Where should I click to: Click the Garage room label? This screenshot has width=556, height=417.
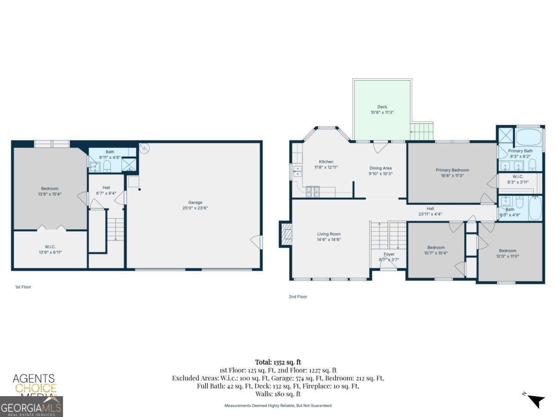tap(195, 202)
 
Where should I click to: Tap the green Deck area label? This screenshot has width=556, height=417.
tap(382, 107)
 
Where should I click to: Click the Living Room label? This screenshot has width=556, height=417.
tap(329, 234)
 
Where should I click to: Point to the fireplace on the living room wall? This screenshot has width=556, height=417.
tap(285, 234)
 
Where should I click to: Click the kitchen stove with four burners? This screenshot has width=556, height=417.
tap(312, 190)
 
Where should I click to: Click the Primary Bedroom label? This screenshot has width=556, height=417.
tap(452, 170)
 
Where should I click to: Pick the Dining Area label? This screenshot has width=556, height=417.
tap(380, 168)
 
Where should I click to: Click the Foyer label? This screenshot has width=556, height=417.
tap(389, 254)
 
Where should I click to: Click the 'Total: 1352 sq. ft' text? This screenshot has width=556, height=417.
tap(278, 362)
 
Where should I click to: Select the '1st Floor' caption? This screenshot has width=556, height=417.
tap(23, 287)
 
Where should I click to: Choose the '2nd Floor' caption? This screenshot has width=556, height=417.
tap(297, 297)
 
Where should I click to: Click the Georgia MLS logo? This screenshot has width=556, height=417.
tap(31, 407)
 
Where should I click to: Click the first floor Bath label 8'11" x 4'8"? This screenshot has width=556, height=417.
tap(110, 154)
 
